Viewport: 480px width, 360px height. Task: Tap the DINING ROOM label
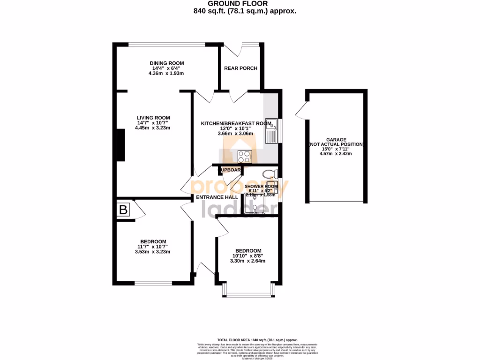pyautogui.click(x=166, y=63)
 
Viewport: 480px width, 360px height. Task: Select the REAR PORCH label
pyautogui.click(x=240, y=68)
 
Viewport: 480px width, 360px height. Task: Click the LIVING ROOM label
pyautogui.click(x=153, y=118)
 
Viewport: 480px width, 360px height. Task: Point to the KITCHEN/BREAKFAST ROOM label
pyautogui.click(x=236, y=123)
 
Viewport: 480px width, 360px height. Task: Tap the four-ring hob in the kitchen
pyautogui.click(x=245, y=156)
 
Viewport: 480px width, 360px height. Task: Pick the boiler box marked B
pyautogui.click(x=123, y=210)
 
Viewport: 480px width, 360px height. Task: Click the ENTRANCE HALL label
pyautogui.click(x=217, y=198)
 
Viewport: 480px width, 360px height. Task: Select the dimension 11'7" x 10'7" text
pyautogui.click(x=152, y=247)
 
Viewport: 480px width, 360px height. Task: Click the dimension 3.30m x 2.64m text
pyautogui.click(x=248, y=261)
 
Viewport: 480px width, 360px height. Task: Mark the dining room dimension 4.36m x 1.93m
pyautogui.click(x=166, y=74)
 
